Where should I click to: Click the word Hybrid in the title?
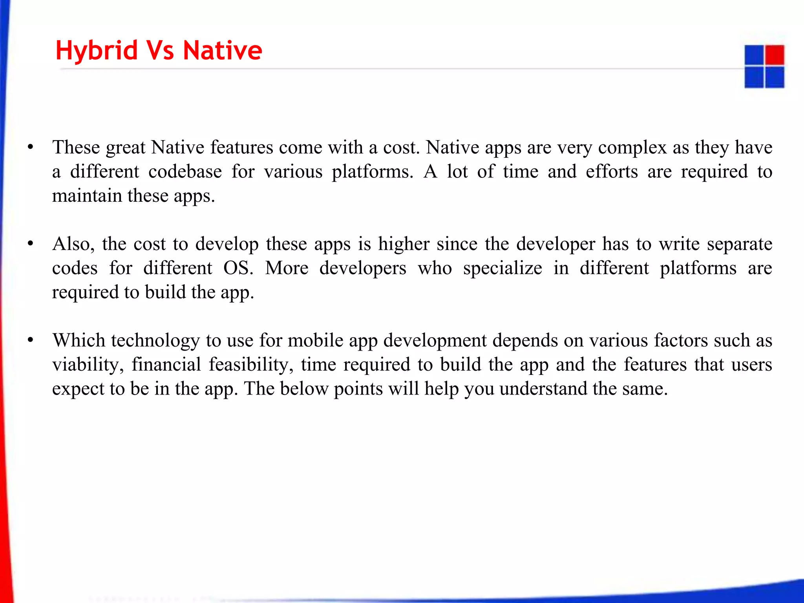pyautogui.click(x=97, y=51)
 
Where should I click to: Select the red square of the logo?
pyautogui.click(x=775, y=55)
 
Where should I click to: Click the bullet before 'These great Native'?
pyautogui.click(x=30, y=148)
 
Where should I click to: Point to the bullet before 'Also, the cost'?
pyautogui.click(x=30, y=244)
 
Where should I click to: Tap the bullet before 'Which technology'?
pyautogui.click(x=30, y=341)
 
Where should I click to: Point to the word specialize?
pyautogui.click(x=502, y=269)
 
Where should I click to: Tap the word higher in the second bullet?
pyautogui.click(x=404, y=244)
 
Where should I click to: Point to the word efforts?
pyautogui.click(x=612, y=172)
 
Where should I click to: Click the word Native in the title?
pyautogui.click(x=222, y=51)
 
